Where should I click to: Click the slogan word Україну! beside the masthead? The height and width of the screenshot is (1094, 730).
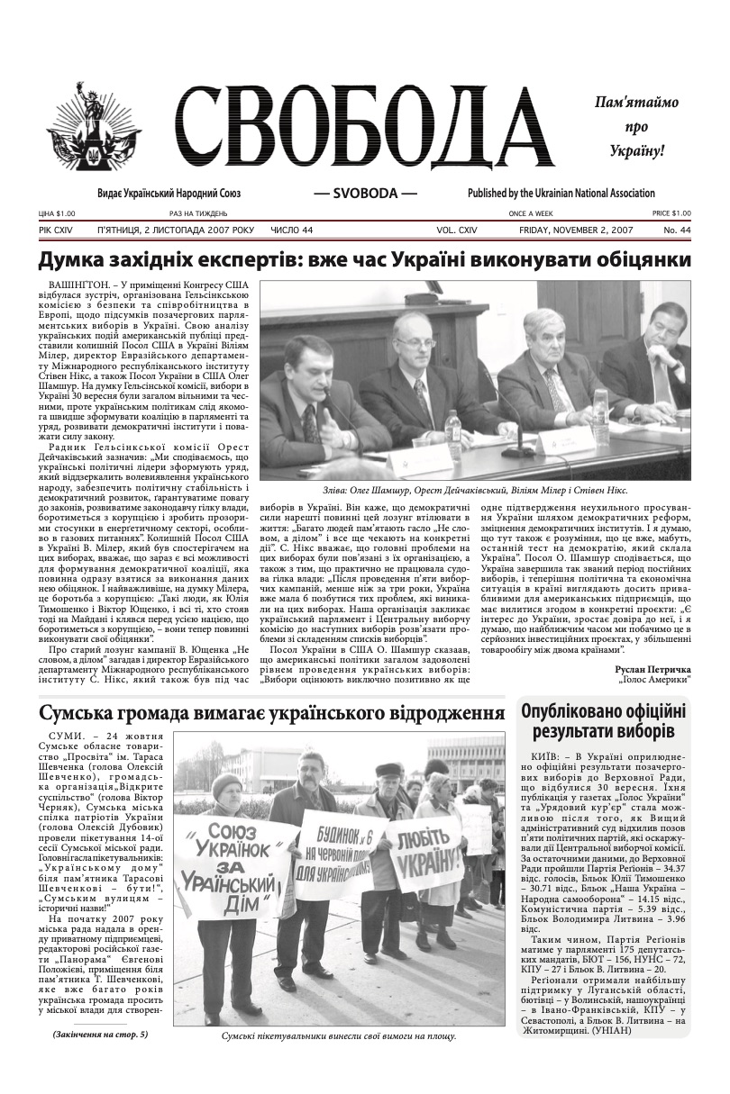click(x=635, y=149)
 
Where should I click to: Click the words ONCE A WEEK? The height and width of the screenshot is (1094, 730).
click(x=532, y=213)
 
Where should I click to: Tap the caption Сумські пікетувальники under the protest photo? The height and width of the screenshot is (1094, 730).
click(x=339, y=1035)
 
